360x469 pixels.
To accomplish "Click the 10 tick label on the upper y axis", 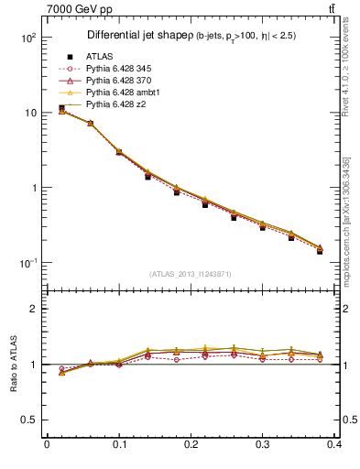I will (30, 113).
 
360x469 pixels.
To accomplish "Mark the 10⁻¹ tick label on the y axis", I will (27, 263).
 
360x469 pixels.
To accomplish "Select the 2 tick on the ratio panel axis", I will (34, 309).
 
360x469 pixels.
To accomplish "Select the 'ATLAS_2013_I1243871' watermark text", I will (190, 274).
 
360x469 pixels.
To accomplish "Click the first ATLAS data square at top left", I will (61, 108).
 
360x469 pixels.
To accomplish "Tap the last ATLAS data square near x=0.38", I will (320, 251).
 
